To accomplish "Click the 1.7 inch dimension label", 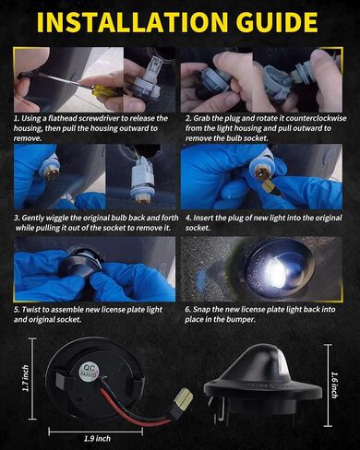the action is [x=26, y=378].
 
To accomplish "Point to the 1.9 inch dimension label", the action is [x=97, y=438].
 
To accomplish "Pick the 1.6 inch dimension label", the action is [x=335, y=385].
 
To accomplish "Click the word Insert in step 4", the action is [x=203, y=218].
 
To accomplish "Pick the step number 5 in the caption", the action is [x=17, y=310].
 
